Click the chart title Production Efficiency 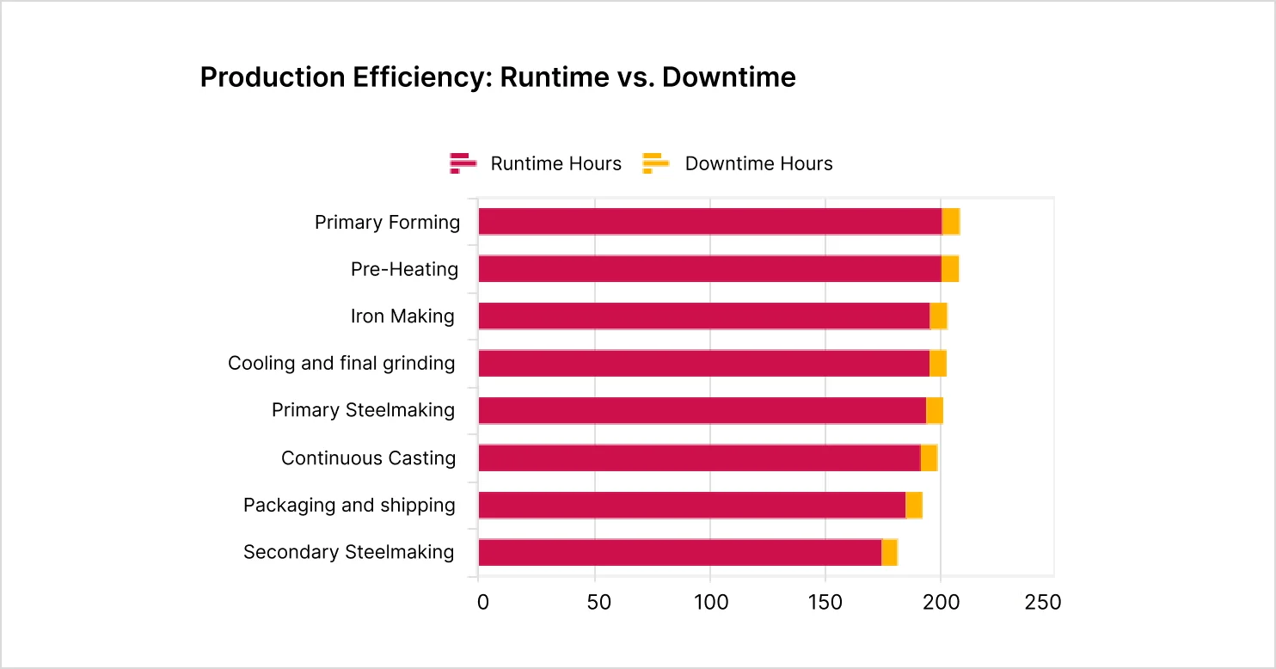(497, 77)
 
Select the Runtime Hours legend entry (536, 163)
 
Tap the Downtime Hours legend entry (738, 163)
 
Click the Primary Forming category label (387, 223)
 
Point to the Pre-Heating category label (404, 270)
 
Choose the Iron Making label (402, 316)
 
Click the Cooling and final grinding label (341, 364)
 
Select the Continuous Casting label (368, 458)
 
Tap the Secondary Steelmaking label (348, 552)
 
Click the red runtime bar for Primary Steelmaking (702, 411)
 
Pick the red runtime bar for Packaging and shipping (691, 505)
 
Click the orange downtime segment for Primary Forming (951, 222)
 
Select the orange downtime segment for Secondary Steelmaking (889, 552)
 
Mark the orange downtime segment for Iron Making (938, 316)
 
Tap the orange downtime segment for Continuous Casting (929, 458)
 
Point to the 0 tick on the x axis (482, 602)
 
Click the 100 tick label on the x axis (710, 602)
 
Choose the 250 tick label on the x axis (1043, 602)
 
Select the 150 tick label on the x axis (825, 602)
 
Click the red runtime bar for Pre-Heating (709, 269)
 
